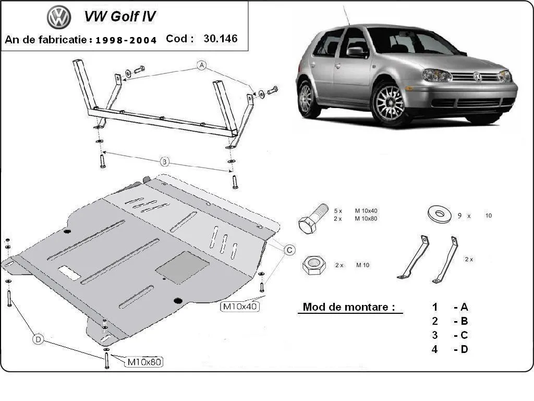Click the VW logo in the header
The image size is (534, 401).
59,17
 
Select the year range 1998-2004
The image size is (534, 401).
126,40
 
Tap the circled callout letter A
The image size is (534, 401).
202,65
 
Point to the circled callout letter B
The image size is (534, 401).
164,162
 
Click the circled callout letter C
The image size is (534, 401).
289,250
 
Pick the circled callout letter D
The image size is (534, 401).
38,339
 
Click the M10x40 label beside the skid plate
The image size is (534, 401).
240,306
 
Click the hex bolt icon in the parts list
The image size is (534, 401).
312,218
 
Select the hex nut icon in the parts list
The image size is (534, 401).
313,265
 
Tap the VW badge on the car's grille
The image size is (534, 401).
477,77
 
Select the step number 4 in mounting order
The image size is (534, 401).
434,349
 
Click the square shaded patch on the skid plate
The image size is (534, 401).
182,267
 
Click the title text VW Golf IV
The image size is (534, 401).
120,16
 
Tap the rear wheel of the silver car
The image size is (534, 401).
307,98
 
